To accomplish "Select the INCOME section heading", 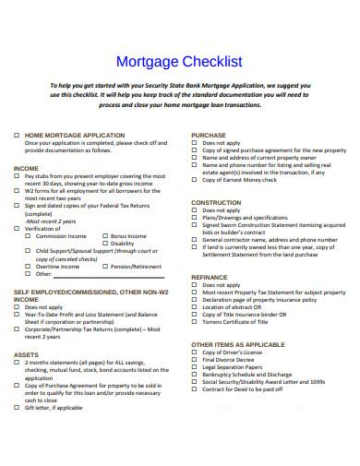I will pyautogui.click(x=26, y=168).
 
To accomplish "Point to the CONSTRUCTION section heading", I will pyautogui.click(x=216, y=202).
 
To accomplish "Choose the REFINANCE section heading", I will pyautogui.click(x=210, y=276).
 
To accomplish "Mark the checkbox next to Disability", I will pyautogui.click(x=103, y=244).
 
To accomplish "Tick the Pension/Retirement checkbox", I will pyautogui.click(x=103, y=266).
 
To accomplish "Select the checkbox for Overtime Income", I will pyautogui.click(x=30, y=266).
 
